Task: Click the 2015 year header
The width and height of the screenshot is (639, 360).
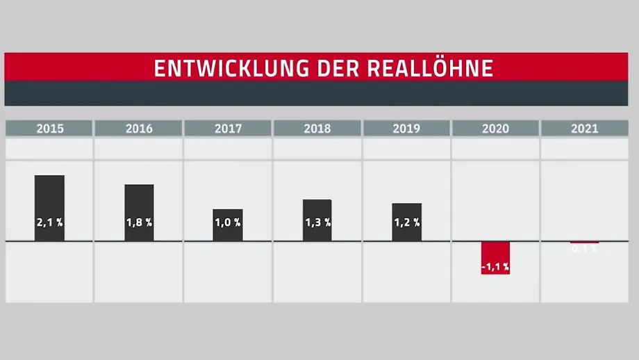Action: coord(49,129)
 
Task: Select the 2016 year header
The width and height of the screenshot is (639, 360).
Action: coord(139,129)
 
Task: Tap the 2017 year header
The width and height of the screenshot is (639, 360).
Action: coord(228,129)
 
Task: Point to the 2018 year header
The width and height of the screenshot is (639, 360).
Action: coord(317,129)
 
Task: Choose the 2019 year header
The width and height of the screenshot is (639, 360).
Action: coord(406,129)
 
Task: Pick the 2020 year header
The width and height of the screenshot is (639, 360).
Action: coord(495,129)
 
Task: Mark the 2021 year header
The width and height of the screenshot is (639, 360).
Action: coord(584,129)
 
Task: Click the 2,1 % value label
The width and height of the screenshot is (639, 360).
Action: coord(49,223)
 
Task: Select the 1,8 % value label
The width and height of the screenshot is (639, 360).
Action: coord(139,223)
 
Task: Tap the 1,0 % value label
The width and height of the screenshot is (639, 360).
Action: coord(228,223)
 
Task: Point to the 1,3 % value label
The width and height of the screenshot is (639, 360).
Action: coord(317,223)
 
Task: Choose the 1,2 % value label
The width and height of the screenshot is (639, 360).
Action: coord(406,223)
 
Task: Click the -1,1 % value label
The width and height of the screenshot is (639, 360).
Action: coord(495,266)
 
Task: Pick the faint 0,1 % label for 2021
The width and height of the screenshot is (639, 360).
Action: coord(584,249)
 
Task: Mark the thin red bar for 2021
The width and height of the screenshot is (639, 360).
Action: coord(584,243)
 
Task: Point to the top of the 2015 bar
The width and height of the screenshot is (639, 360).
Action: coord(49,177)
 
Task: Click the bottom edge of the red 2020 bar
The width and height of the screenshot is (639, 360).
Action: coord(495,273)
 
